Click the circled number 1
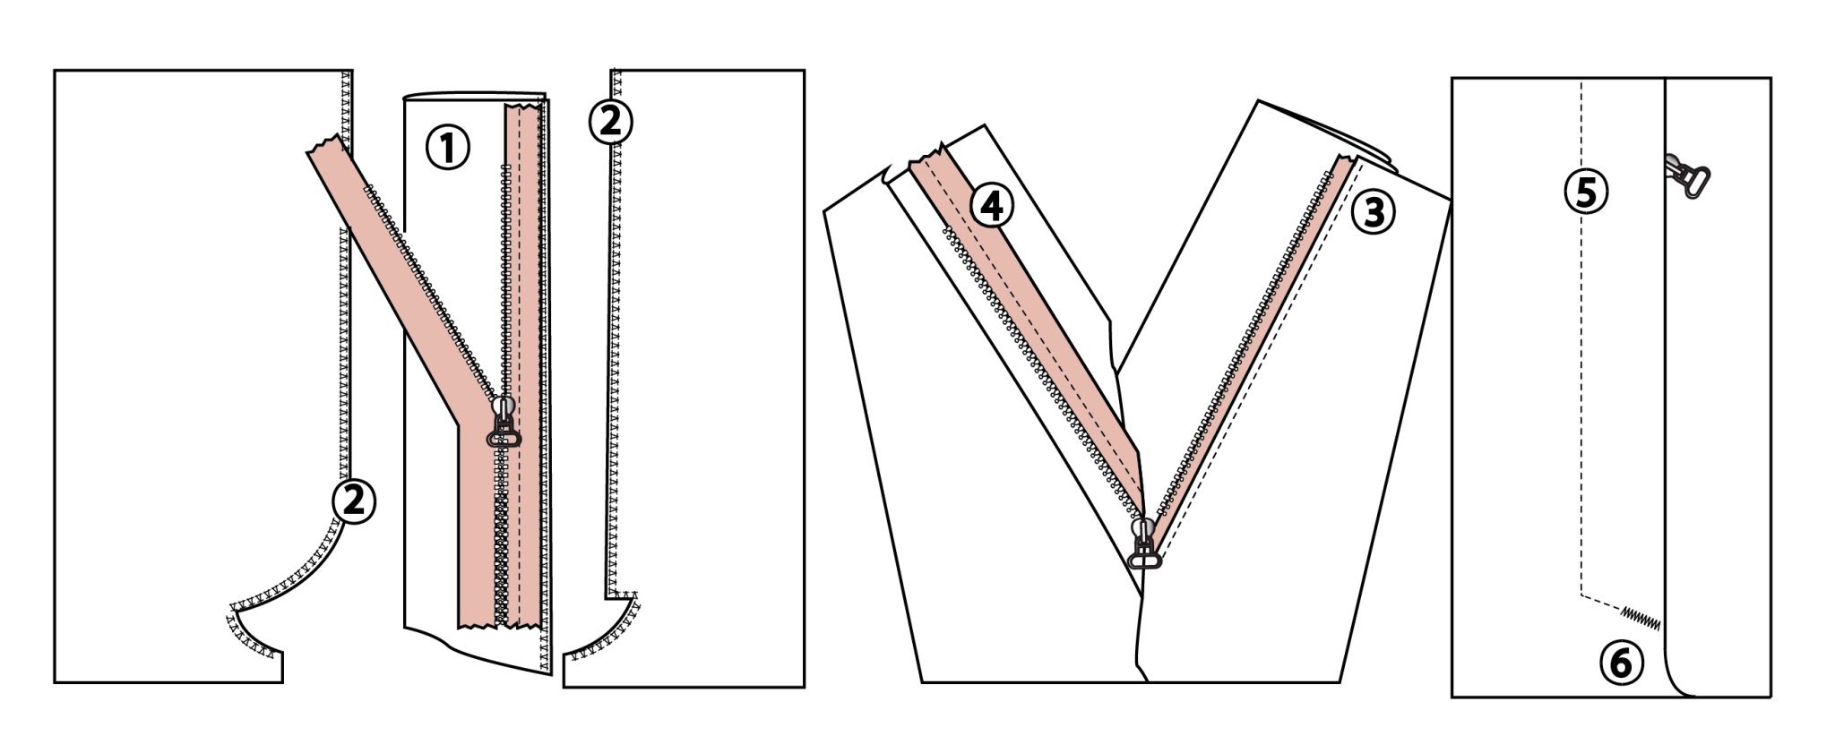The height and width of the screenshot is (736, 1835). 447,148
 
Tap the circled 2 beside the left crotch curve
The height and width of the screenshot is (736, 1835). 354,501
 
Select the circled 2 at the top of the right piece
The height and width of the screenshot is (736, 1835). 610,121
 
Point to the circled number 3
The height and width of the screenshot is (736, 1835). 1374,212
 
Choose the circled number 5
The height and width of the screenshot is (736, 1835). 1586,193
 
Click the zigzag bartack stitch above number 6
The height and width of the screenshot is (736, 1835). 1641,618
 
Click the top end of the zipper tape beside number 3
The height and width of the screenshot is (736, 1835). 1344,162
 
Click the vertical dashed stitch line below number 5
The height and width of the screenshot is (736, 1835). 1581,403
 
